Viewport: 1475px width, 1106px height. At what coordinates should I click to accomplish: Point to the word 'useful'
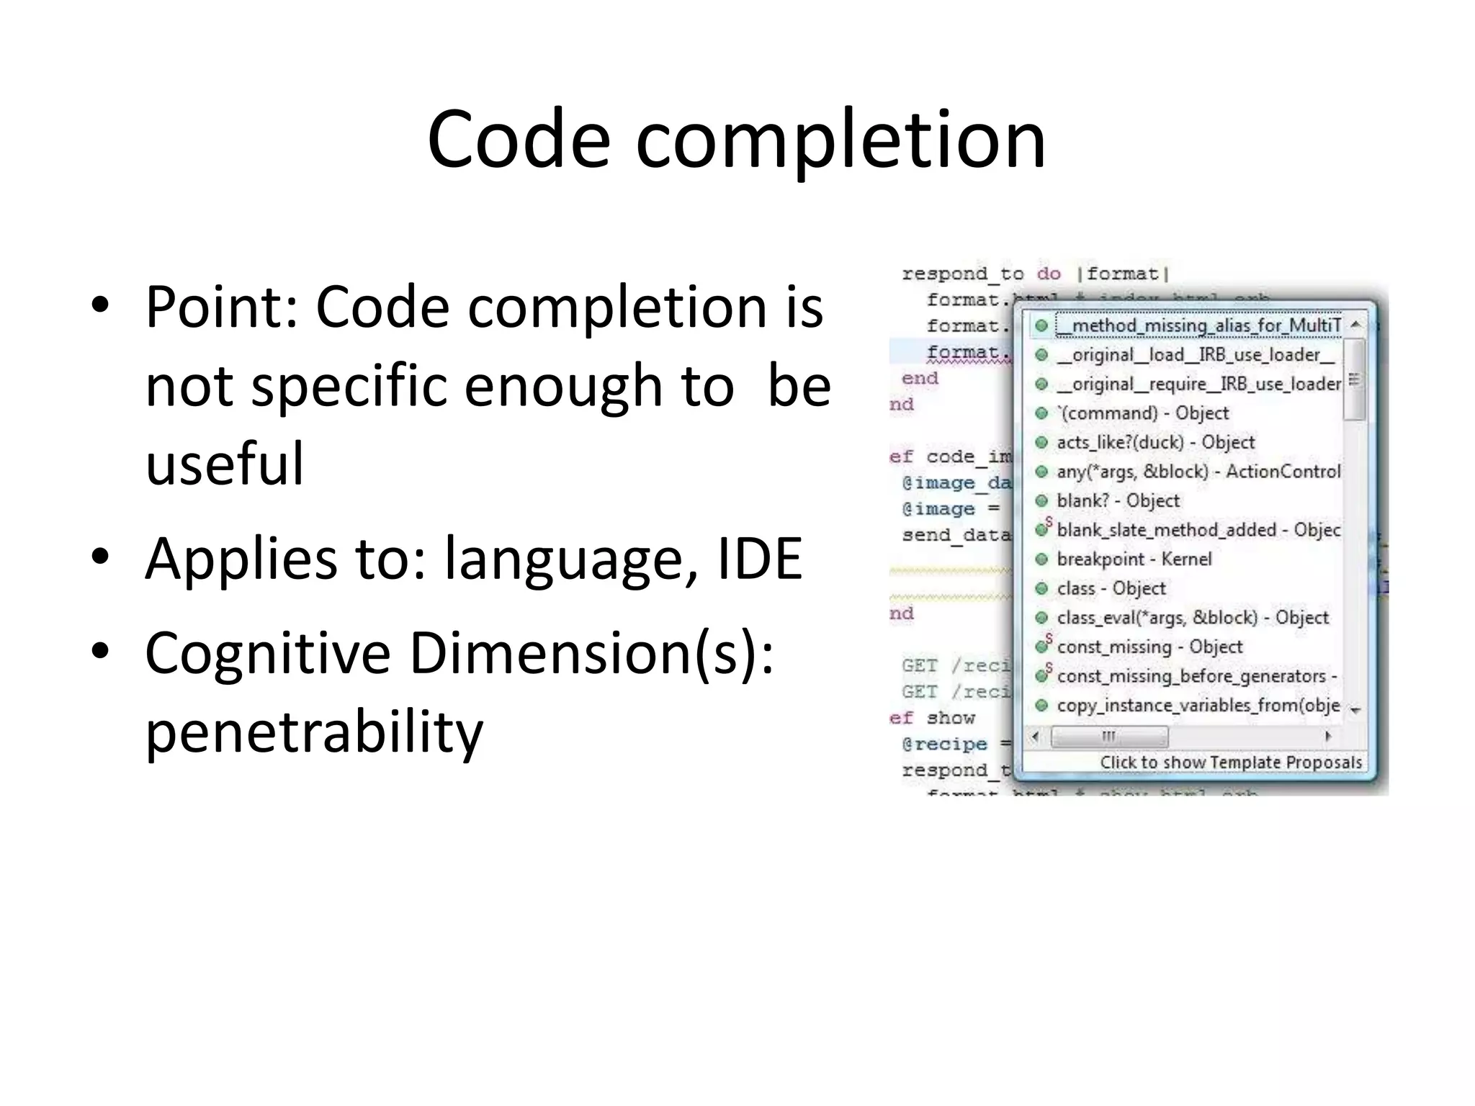pyautogui.click(x=225, y=463)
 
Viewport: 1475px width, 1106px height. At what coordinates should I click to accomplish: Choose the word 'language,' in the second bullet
pyautogui.click(x=572, y=558)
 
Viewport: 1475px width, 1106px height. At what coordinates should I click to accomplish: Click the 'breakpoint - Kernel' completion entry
pyautogui.click(x=1134, y=559)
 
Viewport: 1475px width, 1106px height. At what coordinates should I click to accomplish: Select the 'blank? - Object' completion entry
pyautogui.click(x=1118, y=501)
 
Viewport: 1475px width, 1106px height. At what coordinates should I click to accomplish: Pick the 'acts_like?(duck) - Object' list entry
pyautogui.click(x=1155, y=443)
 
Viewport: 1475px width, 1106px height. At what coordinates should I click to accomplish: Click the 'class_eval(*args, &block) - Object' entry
pyautogui.click(x=1192, y=618)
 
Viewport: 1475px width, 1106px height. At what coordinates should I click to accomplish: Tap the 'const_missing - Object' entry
pyautogui.click(x=1149, y=647)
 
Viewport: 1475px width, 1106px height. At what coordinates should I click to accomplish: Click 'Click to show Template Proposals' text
pyautogui.click(x=1231, y=763)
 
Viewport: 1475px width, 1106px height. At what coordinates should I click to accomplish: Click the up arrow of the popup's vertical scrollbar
pyautogui.click(x=1355, y=325)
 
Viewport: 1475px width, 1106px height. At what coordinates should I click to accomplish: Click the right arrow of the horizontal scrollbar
pyautogui.click(x=1328, y=737)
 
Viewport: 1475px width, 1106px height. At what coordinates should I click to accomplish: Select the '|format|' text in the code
pyautogui.click(x=1123, y=274)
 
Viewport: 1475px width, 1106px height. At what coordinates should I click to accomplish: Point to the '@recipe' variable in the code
pyautogui.click(x=944, y=744)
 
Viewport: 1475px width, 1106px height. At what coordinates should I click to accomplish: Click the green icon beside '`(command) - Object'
pyautogui.click(x=1041, y=413)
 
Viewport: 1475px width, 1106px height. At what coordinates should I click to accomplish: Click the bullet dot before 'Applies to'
pyautogui.click(x=100, y=556)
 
